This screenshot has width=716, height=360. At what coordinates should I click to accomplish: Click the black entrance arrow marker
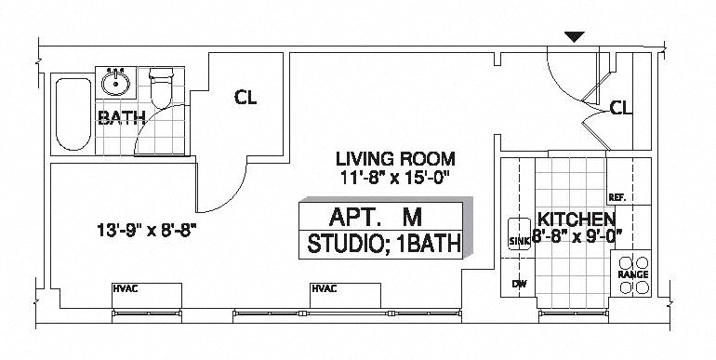(x=576, y=37)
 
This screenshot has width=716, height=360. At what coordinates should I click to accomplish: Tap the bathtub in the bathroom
(x=73, y=114)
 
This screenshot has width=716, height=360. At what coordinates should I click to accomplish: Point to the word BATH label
(x=121, y=118)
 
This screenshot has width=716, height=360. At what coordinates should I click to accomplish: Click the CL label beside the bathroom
(x=245, y=97)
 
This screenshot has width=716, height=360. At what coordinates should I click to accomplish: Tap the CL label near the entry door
(x=621, y=109)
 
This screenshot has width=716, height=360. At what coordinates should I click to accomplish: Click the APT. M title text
(x=376, y=218)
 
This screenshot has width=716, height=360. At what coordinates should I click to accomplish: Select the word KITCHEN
(x=577, y=219)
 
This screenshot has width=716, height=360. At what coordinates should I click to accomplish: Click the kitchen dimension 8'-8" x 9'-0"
(x=577, y=235)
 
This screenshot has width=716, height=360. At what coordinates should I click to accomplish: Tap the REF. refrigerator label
(x=617, y=198)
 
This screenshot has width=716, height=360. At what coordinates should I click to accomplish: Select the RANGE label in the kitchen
(x=632, y=275)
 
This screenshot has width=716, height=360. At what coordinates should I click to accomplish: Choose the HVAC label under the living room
(x=323, y=288)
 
